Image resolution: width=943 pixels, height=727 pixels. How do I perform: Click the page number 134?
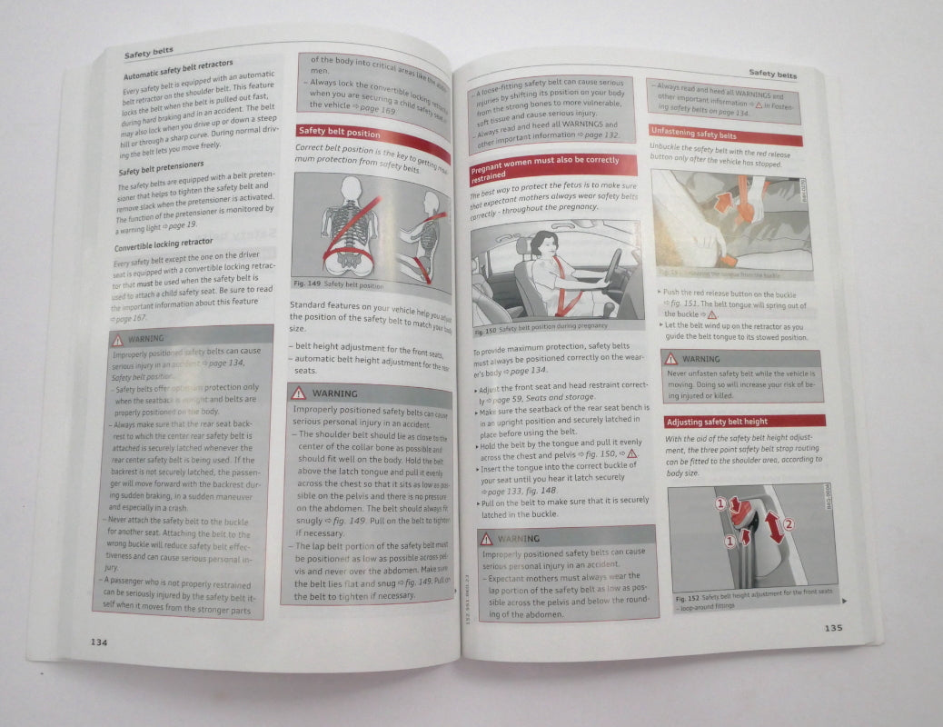(99, 642)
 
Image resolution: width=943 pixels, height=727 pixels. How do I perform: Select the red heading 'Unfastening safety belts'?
(694, 134)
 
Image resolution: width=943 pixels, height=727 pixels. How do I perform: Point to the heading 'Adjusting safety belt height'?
(717, 422)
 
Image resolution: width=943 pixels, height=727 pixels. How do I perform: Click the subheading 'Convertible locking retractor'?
(164, 244)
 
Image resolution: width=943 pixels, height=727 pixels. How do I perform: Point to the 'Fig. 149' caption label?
(306, 284)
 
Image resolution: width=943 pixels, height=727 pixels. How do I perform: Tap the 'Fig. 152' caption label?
(686, 599)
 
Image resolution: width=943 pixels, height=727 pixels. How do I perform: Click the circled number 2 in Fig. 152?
(788, 523)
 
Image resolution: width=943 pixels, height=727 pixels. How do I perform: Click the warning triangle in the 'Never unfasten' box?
(671, 359)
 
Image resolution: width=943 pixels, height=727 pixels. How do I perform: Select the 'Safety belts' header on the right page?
(772, 75)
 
